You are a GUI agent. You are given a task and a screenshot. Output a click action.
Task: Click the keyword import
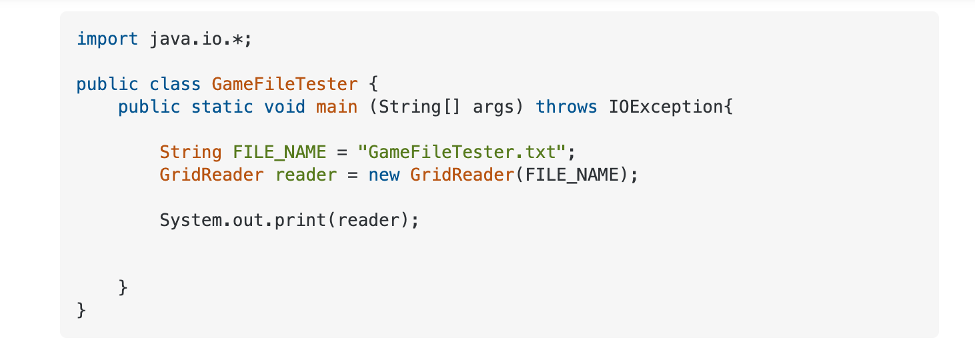[x=107, y=39]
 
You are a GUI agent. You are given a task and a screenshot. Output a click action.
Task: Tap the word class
[x=175, y=84]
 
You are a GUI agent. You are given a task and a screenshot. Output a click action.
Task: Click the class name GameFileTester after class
[x=285, y=84]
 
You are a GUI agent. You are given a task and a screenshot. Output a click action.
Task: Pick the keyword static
[x=222, y=107]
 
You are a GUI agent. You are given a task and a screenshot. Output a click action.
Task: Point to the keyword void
[x=285, y=107]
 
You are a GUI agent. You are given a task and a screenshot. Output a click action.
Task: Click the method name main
[x=337, y=107]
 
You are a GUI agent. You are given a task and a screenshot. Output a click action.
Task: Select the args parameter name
[x=494, y=107]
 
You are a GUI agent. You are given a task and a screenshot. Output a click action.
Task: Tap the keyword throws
[x=566, y=107]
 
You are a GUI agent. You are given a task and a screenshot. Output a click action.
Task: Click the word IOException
[x=666, y=107]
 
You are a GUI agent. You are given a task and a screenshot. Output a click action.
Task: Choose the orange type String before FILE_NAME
[x=191, y=153]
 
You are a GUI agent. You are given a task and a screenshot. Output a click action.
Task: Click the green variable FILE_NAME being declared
[x=279, y=153]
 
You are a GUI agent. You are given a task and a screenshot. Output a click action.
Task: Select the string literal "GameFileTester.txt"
[x=461, y=152]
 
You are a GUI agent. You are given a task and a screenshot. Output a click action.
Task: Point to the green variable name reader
[x=306, y=175]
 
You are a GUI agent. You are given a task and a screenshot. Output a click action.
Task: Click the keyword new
[x=384, y=175]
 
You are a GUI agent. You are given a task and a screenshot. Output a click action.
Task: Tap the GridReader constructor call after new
[x=462, y=175]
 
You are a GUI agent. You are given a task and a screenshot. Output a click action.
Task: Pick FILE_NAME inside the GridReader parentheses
[x=572, y=175]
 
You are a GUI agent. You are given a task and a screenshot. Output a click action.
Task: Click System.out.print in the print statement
[x=243, y=220]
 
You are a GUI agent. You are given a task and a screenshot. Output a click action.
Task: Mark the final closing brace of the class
[x=81, y=311]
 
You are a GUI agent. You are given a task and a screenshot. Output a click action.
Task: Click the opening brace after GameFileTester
[x=373, y=84]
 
